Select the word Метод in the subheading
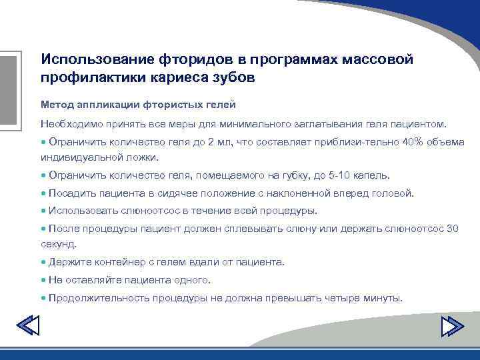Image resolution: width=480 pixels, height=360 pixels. point(56,105)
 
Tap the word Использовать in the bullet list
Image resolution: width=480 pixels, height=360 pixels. point(81,211)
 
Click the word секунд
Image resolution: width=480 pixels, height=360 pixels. point(58,244)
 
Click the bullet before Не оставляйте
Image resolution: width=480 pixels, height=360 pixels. point(43,280)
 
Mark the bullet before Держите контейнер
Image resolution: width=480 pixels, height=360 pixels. point(43,262)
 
